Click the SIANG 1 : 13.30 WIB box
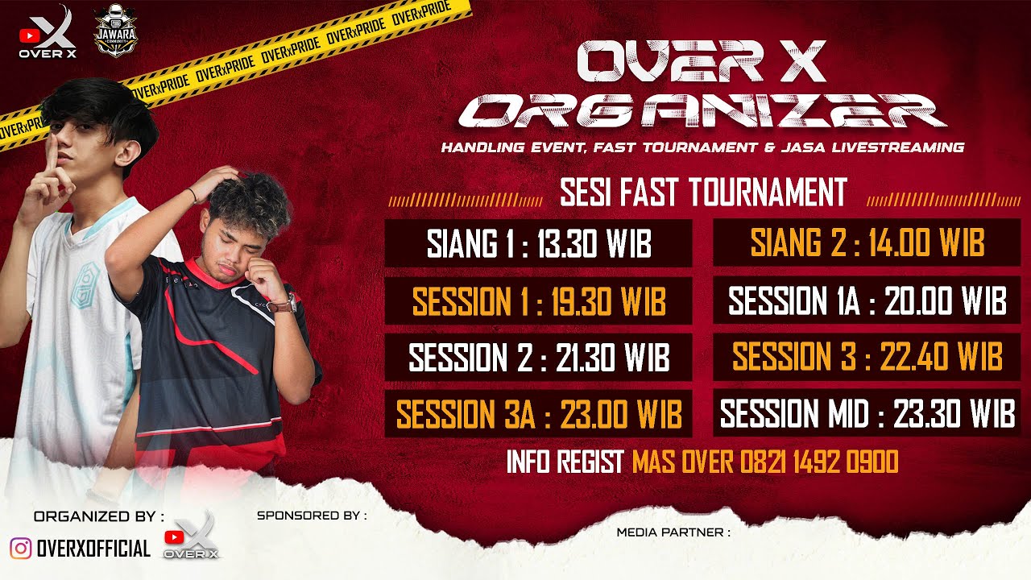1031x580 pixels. pos(538,242)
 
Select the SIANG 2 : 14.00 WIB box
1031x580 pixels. pos(867,242)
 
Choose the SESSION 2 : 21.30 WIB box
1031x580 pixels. pos(538,358)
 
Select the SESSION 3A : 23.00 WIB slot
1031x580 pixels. pos(538,414)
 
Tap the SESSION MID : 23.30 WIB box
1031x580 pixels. pos(867,414)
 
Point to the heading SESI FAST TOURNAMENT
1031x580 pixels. pos(703,193)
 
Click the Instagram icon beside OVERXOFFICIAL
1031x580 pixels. pos(21,549)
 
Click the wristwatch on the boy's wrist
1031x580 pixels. pos(282,304)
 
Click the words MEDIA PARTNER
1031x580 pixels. pos(673,532)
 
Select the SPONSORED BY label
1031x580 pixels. pos(312,515)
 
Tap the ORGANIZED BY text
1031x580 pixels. pos(99,516)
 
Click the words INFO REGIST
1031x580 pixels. pos(565,462)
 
